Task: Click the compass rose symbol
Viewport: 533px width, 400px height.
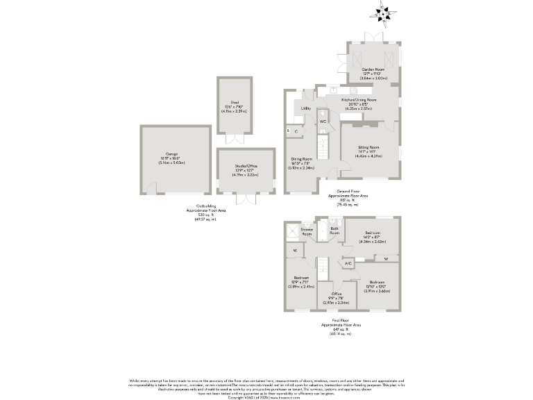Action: coord(384,11)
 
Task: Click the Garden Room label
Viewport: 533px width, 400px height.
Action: coord(373,70)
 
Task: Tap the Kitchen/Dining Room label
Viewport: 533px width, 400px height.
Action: coord(358,100)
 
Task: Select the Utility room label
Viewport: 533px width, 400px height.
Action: coord(306,109)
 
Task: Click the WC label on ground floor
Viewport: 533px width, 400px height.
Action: coord(323,122)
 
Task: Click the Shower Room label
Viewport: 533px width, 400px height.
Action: coord(307,231)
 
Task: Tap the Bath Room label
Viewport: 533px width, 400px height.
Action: coord(334,231)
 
